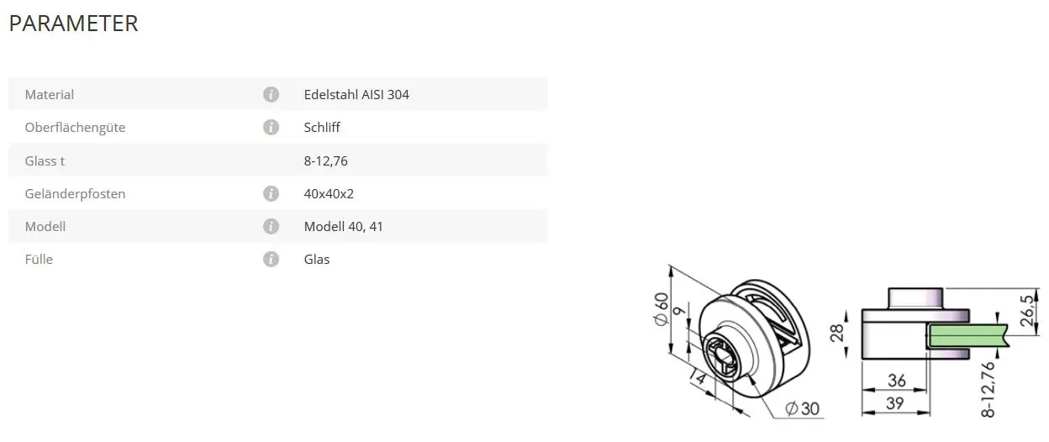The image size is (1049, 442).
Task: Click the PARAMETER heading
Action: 73,24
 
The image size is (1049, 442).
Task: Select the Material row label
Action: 49,95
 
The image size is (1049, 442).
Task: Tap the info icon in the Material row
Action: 271,95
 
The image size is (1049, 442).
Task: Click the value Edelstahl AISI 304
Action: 356,95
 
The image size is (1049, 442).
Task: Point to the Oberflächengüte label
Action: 75,128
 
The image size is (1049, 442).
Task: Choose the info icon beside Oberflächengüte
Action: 271,128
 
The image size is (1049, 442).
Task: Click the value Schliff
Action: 322,128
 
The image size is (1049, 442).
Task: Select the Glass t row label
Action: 45,161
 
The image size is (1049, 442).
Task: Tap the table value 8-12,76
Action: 325,161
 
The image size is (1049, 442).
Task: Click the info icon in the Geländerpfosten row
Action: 271,193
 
